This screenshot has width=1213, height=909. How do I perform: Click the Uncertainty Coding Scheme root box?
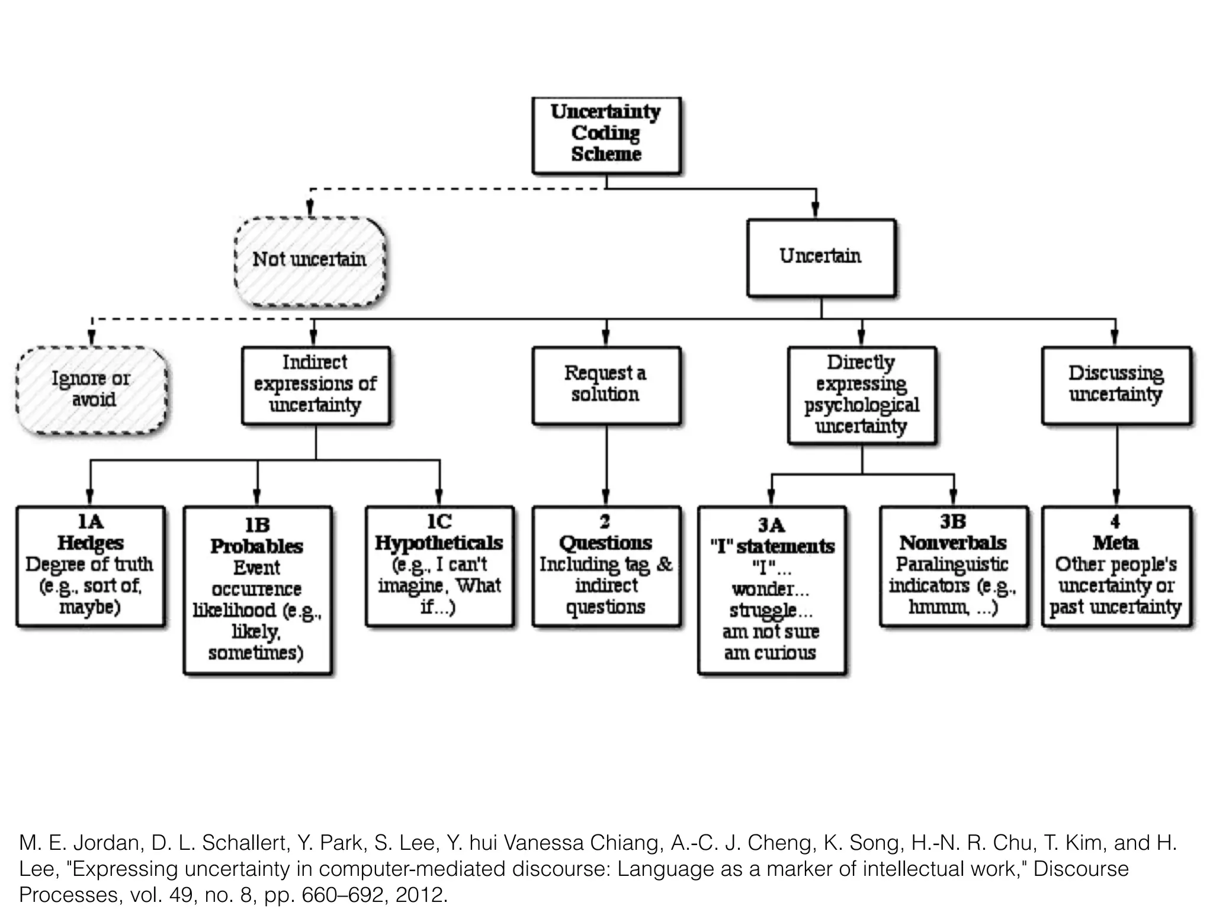606,134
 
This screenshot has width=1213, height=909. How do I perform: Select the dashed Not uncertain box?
310,260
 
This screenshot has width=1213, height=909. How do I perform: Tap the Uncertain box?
820,257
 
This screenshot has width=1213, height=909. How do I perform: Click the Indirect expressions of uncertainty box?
315,385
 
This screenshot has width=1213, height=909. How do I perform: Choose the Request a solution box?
605,385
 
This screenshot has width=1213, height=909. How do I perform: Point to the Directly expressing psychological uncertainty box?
861,395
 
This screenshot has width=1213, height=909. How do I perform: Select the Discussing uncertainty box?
1116,385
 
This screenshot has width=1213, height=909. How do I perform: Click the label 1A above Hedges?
90,521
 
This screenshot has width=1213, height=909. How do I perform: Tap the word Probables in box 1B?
256,546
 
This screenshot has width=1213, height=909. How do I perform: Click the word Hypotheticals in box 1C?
439,543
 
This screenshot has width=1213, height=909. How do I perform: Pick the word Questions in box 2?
605,543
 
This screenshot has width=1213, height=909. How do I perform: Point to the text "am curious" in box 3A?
770,653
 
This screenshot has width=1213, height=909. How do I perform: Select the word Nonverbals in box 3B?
952,543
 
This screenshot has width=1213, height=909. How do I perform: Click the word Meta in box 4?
1116,543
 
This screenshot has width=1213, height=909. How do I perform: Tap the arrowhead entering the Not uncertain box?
310,209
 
